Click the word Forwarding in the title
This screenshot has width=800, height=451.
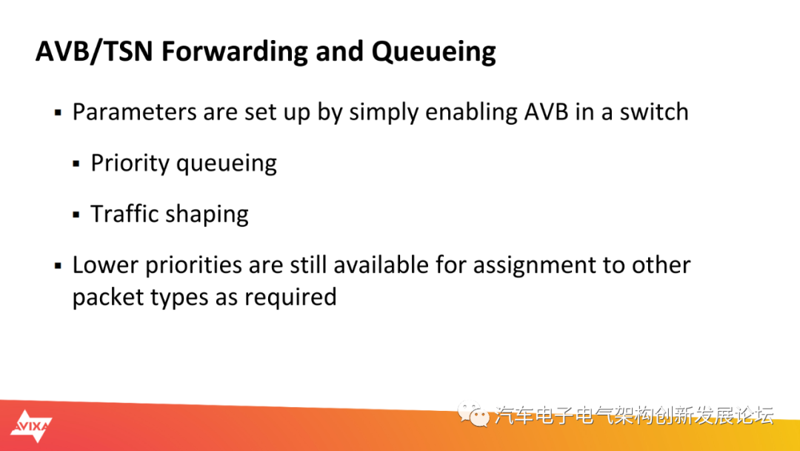tap(234, 52)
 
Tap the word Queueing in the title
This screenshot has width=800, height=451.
tap(433, 52)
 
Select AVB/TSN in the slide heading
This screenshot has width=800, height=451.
tap(94, 51)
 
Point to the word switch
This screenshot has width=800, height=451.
tap(654, 112)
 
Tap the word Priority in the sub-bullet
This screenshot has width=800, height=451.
tap(130, 163)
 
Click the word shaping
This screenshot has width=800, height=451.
tap(207, 214)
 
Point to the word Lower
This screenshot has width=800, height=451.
tap(106, 265)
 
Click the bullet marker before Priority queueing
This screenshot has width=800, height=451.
tap(76, 164)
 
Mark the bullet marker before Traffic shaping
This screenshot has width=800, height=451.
tap(76, 215)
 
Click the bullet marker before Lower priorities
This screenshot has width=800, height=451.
tap(59, 266)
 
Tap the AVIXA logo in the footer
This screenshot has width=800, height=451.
tap(31, 426)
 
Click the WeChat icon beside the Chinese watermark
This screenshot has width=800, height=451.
tap(473, 414)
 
